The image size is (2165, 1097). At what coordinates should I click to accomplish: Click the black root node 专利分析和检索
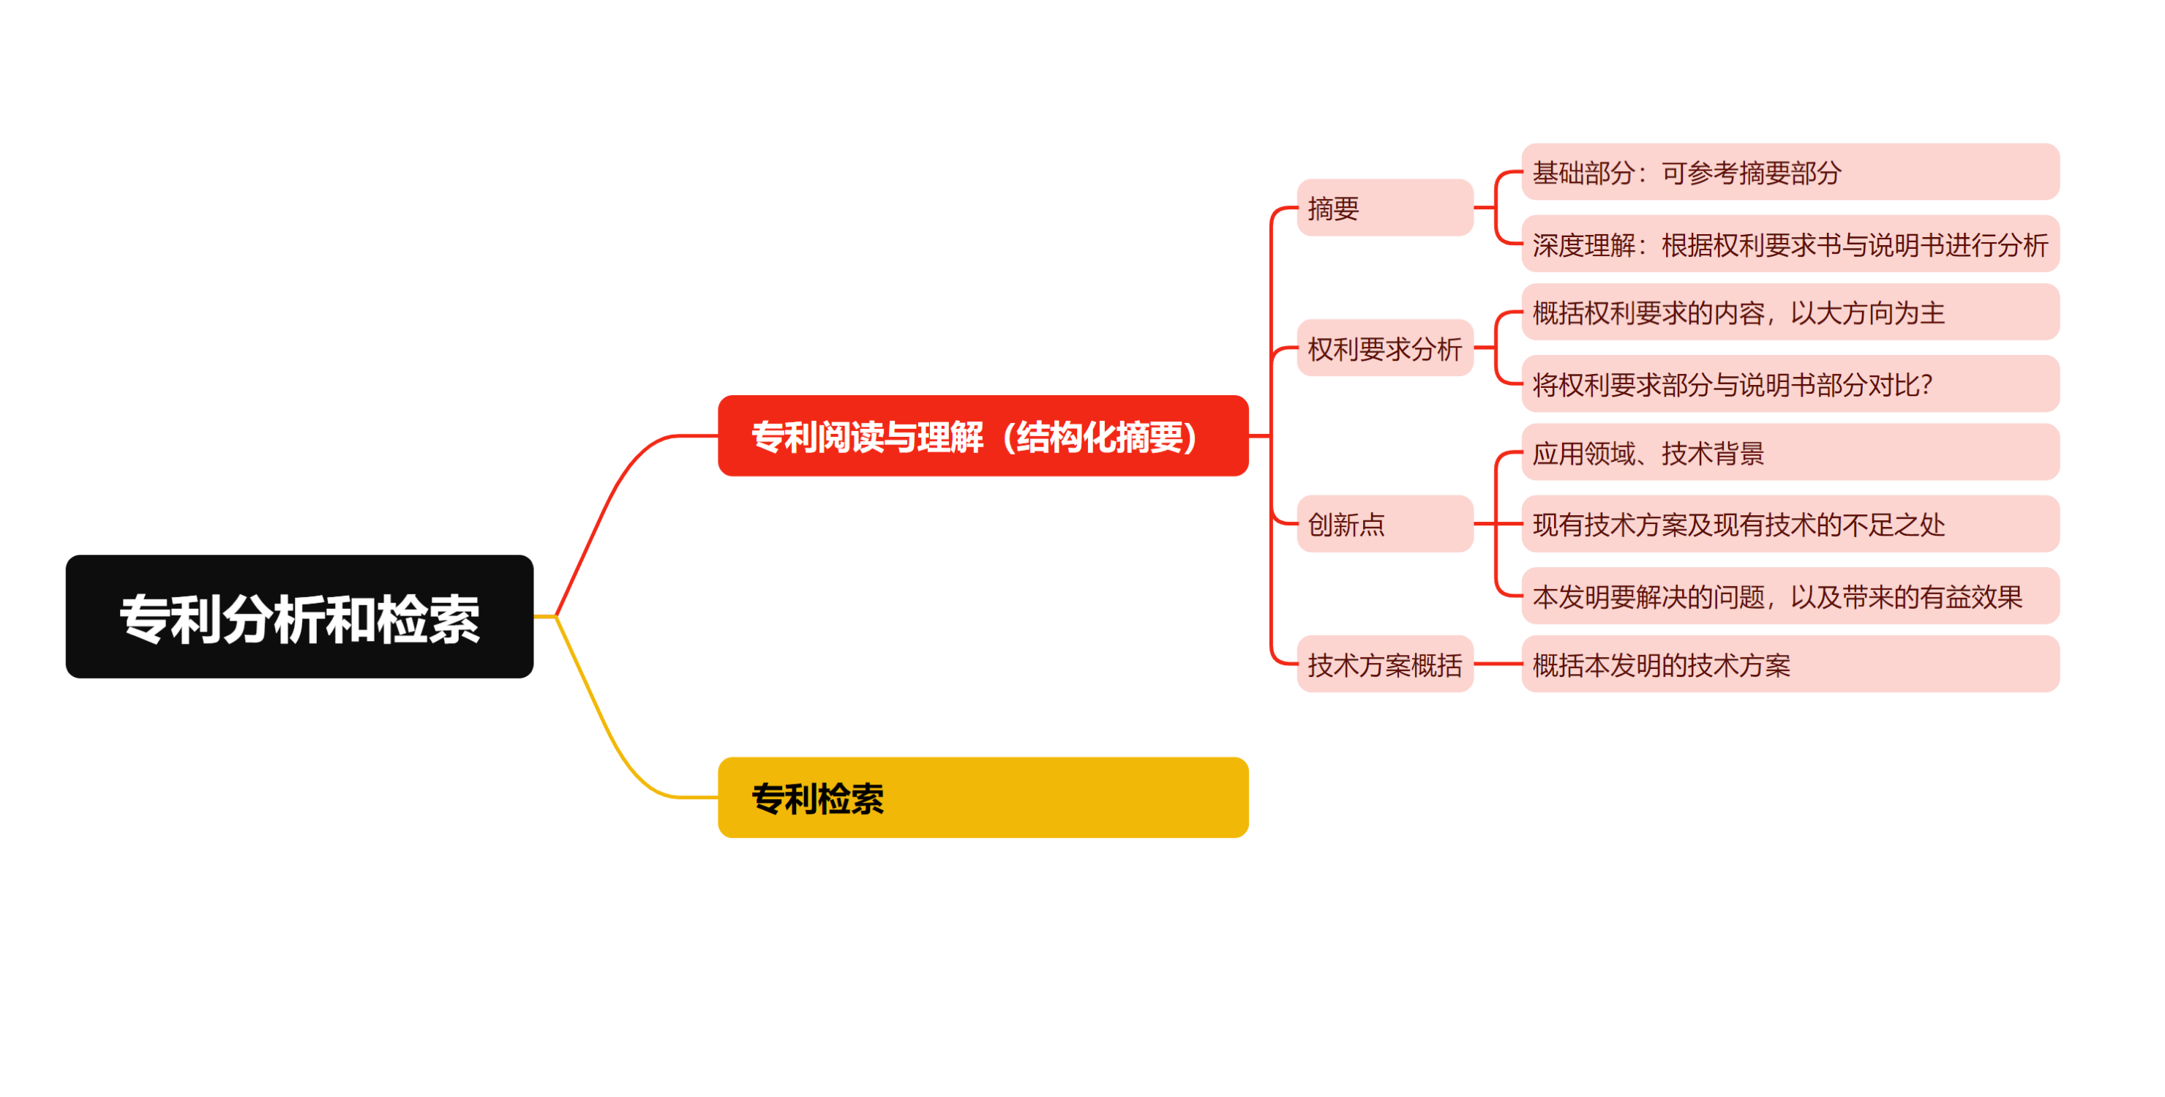[x=299, y=616]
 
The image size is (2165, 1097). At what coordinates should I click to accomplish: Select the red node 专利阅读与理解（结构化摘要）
[x=983, y=435]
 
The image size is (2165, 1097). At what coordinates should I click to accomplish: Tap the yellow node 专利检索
[x=983, y=797]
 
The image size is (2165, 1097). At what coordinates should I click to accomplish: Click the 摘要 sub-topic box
[x=1385, y=208]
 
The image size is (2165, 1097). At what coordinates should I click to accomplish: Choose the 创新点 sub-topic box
[x=1385, y=524]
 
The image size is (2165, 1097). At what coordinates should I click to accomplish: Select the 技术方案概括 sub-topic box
[x=1385, y=664]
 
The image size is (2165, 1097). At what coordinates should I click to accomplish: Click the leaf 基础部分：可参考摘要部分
[x=1790, y=171]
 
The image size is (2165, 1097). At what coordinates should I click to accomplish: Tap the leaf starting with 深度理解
[x=1790, y=244]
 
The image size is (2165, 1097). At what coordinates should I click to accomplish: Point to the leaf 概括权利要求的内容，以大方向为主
[x=1790, y=312]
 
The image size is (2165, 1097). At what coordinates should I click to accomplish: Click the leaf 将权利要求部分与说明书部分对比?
[x=1790, y=383]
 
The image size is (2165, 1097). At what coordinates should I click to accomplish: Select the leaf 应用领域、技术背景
[x=1790, y=452]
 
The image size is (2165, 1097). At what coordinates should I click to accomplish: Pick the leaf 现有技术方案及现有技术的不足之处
[x=1790, y=524]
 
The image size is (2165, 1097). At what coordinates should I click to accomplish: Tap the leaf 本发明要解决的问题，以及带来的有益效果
[x=1790, y=596]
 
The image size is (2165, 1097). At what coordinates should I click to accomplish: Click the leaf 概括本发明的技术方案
[x=1790, y=664]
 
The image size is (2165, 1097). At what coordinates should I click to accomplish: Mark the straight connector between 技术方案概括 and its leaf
[x=1498, y=664]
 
